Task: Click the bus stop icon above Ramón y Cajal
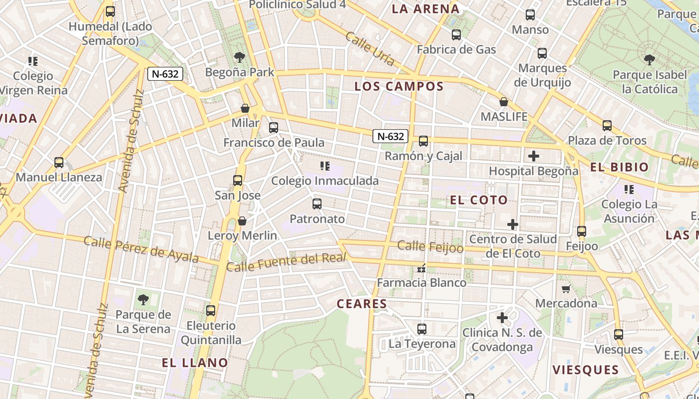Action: point(423,141)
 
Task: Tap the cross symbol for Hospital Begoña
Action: point(534,156)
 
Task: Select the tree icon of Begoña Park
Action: point(240,57)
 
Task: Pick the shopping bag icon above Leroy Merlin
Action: point(242,220)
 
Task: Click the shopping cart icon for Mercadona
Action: point(566,289)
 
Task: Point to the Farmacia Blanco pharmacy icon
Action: point(422,268)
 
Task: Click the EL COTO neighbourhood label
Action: point(479,200)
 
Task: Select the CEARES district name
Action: point(362,304)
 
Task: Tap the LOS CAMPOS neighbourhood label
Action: point(399,86)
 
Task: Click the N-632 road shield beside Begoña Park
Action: point(165,74)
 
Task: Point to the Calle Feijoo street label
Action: point(430,246)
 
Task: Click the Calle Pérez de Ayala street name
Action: point(141,249)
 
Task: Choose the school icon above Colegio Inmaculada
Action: point(325,166)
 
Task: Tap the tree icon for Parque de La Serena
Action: point(143,300)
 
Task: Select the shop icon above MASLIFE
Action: point(504,102)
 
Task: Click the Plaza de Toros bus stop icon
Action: point(607,126)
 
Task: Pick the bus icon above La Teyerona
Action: point(422,329)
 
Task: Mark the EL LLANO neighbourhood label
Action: point(195,363)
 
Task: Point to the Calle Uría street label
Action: point(370,49)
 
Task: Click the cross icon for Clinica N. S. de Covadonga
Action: point(502,318)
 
